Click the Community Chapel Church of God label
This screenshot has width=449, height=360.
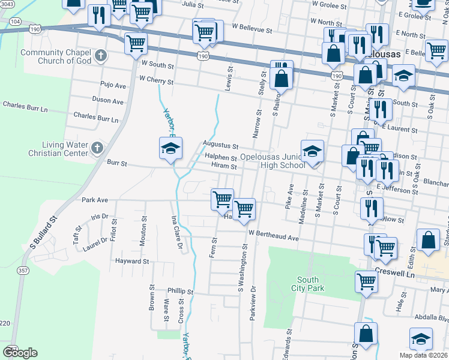[x=55, y=56]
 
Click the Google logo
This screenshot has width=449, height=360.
[x=20, y=353]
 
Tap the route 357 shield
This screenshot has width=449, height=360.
[x=23, y=271]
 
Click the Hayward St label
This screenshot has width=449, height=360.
[x=132, y=262]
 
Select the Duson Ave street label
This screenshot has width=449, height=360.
[x=108, y=100]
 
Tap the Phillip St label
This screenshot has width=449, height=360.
[x=180, y=291]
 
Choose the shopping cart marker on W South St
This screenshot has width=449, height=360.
[x=136, y=43]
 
